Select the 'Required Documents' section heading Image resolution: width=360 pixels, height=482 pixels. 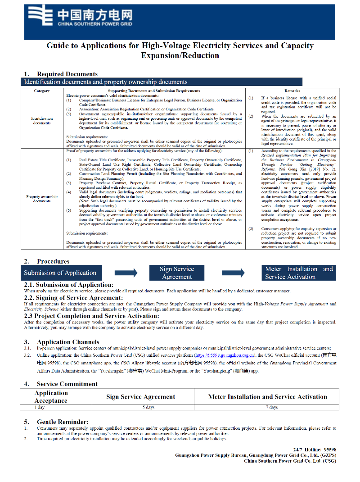click(67, 74)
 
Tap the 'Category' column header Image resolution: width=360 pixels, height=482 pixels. click(42, 91)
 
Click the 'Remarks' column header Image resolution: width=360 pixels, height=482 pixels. click(292, 91)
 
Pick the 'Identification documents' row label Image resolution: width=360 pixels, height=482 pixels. click(42, 121)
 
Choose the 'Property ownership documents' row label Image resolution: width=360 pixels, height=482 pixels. click(42, 199)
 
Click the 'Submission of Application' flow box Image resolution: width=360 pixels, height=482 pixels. click(61, 273)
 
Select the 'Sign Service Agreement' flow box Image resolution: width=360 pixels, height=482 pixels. click(177, 273)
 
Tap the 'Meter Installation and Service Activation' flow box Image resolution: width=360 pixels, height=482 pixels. click(299, 273)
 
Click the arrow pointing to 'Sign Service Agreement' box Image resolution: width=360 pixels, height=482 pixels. click(126, 273)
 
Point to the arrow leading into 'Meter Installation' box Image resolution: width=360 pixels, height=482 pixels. click(234, 273)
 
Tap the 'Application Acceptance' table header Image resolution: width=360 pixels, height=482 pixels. click(51, 396)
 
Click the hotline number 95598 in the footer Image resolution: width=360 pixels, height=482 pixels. click(330, 450)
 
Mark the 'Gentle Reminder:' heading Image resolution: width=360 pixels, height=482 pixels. click(63, 422)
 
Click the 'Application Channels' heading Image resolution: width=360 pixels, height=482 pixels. click(68, 342)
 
